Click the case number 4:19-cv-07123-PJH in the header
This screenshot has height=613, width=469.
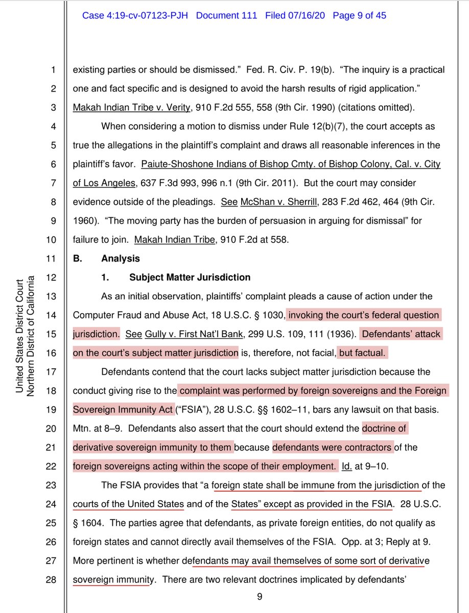coord(136,16)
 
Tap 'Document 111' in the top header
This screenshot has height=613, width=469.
coord(227,16)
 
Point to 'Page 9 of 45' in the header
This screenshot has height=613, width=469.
coord(359,16)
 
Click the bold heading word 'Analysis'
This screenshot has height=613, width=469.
coord(121,259)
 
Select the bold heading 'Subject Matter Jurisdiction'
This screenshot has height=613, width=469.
coord(190,278)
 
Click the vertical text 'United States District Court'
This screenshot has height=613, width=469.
coord(19,336)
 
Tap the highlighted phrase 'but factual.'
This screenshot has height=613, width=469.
coord(363,353)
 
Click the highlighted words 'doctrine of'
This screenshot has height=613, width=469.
coord(384,429)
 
